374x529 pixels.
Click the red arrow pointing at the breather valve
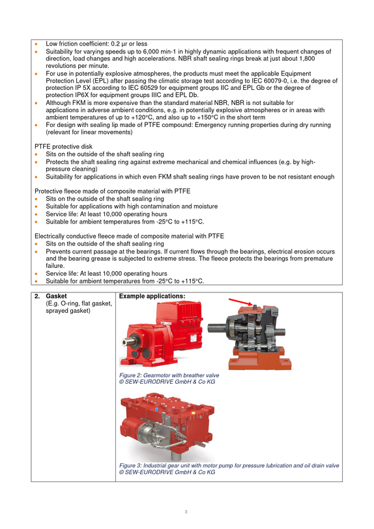pyautogui.click(x=240, y=302)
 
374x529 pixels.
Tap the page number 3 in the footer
pyautogui.click(x=186, y=512)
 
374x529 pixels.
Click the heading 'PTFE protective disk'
pyautogui.click(x=63, y=147)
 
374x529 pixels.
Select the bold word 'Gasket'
pyautogui.click(x=57, y=296)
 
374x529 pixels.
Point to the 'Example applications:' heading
pyautogui.click(x=152, y=296)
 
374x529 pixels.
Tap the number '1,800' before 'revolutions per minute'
pyautogui.click(x=307, y=59)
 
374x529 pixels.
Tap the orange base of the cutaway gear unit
pyautogui.click(x=259, y=361)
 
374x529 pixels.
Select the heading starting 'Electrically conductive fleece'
pyautogui.click(x=129, y=236)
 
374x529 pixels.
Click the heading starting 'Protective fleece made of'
pyautogui.click(x=113, y=192)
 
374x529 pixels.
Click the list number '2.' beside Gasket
pyautogui.click(x=37, y=296)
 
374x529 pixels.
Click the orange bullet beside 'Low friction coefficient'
pyautogui.click(x=36, y=44)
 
